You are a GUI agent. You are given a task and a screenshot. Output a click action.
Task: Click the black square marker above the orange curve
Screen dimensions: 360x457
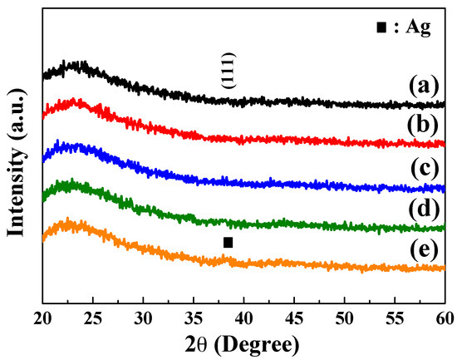pyautogui.click(x=228, y=242)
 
